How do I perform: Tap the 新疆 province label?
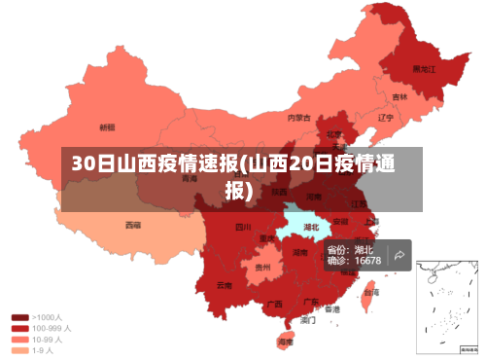107,127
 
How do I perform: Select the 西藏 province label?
132,225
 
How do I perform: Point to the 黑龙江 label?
424,69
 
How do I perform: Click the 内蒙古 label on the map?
298,118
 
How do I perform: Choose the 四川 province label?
242,228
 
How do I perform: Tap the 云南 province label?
225,285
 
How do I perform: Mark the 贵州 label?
262,267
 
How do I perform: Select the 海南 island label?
285,342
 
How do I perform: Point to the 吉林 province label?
399,97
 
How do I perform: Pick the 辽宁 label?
385,118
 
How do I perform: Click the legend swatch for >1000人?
19,317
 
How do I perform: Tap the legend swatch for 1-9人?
19,350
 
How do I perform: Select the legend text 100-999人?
51,328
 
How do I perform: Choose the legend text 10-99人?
48,340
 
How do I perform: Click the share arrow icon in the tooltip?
399,256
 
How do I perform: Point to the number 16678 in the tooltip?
367,261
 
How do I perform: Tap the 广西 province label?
274,304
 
